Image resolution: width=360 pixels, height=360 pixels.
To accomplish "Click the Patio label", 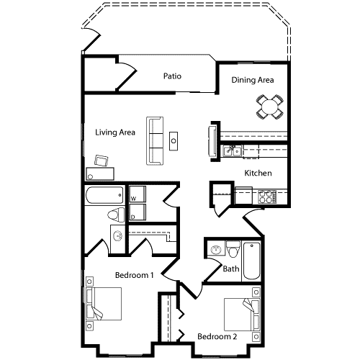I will point(171,76).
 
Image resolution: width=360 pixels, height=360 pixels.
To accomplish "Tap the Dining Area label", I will point(253,80).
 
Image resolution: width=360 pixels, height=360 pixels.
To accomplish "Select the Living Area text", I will point(116,132).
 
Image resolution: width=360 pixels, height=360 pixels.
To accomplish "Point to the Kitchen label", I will point(257,173).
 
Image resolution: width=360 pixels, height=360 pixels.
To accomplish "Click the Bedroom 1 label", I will point(135,275).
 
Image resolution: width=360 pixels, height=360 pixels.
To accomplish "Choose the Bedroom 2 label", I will point(217,336).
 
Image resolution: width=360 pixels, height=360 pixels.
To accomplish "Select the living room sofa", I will point(154,140).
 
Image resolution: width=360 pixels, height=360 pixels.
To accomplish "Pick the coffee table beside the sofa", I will point(174,139).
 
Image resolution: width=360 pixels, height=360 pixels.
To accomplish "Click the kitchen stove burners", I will point(266,195).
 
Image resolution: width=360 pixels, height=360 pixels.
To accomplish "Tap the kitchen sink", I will point(231,151).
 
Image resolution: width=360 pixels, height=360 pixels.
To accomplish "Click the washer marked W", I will point(137,194).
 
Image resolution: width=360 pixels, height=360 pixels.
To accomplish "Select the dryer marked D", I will point(137,213).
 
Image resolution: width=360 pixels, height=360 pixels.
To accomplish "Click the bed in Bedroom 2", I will point(240,314).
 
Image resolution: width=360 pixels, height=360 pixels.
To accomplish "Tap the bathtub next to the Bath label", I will point(251,260).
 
